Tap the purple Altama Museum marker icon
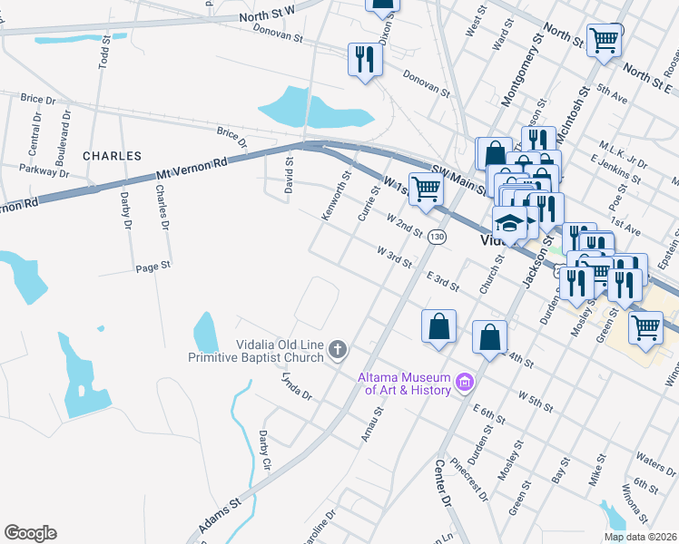465,383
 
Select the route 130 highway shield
438,237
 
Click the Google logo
30,533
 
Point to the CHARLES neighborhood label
112,156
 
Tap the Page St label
153,267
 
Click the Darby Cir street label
265,451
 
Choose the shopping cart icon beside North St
603,40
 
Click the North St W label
267,14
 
